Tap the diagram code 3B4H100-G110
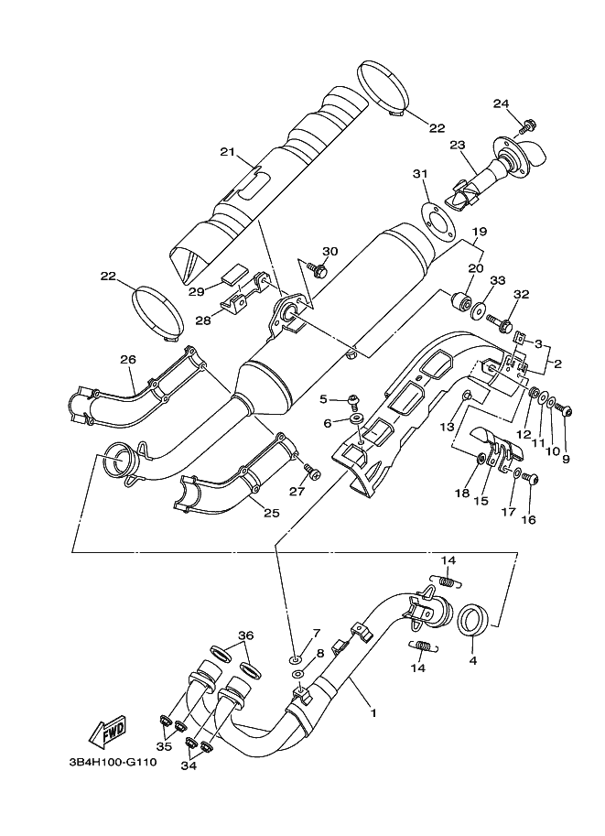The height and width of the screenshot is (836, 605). pos(113,763)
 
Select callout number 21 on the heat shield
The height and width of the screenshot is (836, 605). pos(228,153)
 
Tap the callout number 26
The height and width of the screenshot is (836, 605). pos(128,360)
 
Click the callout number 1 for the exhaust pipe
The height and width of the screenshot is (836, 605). pos(373,712)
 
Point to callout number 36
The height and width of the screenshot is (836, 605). pos(245,635)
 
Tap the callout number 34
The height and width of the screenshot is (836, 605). pos(189,765)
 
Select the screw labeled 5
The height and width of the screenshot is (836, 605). pos(353,399)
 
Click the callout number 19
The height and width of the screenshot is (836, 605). pos(480,232)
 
